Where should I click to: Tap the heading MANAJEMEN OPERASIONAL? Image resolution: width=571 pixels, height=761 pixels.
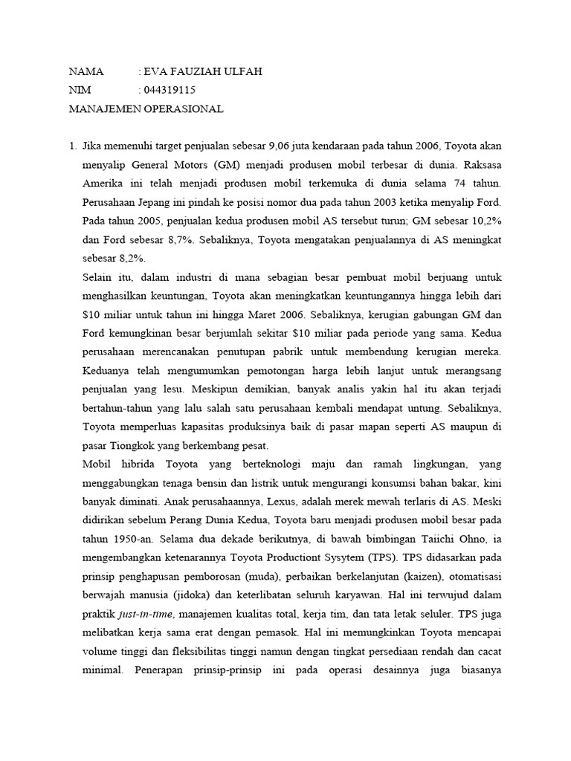click(146, 109)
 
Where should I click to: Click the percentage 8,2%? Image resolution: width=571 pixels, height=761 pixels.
click(131, 259)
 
